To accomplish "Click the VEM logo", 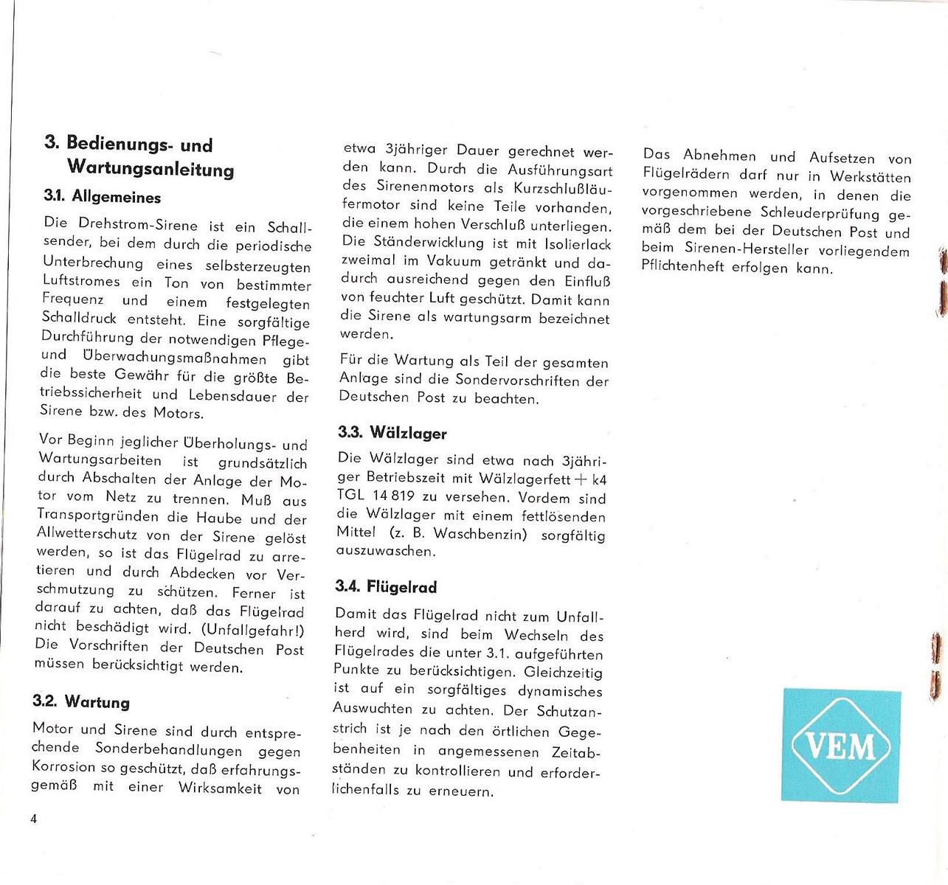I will point(841,745).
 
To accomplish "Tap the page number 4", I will point(34,819).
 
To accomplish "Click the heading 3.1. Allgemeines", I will point(103,198).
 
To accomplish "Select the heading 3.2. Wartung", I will point(81,701).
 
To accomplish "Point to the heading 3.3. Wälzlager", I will point(392,432).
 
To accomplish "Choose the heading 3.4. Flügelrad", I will point(386,587).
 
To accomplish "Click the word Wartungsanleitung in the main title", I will point(150,169).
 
